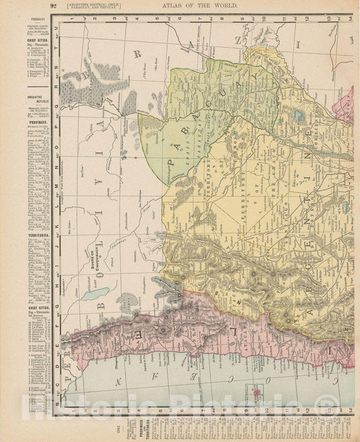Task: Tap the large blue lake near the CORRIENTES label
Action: pyautogui.click(x=298, y=115)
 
